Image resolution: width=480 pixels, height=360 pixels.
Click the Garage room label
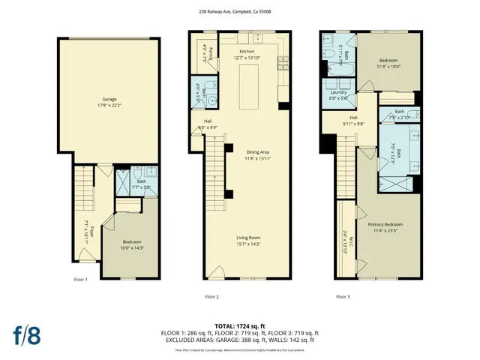tap(109, 101)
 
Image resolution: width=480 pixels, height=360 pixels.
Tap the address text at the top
tap(240, 11)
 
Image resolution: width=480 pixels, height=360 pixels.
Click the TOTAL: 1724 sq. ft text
tap(239, 325)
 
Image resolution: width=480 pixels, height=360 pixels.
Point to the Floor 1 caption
tap(81, 280)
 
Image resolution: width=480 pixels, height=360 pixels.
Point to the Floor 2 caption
tap(212, 296)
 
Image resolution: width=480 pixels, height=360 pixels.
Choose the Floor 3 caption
tap(343, 296)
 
